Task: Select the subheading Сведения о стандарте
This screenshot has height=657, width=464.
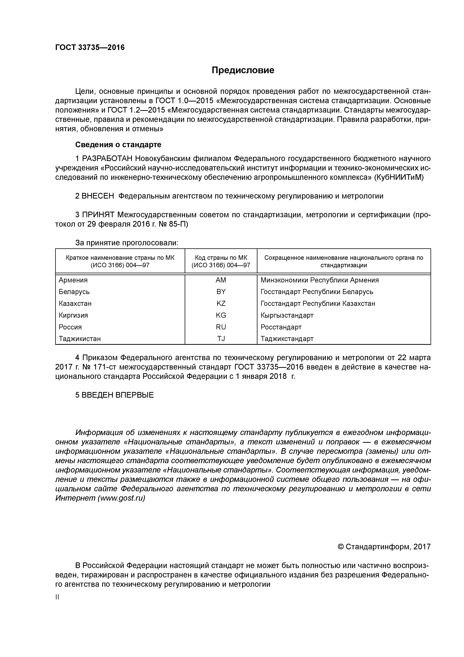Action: click(118, 145)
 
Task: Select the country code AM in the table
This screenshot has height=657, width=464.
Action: click(221, 280)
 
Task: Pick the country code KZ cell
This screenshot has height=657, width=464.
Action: click(221, 304)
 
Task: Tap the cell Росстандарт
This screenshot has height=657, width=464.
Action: click(281, 327)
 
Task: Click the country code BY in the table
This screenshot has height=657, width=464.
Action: click(221, 292)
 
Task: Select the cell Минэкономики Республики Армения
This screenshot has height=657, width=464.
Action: click(319, 280)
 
